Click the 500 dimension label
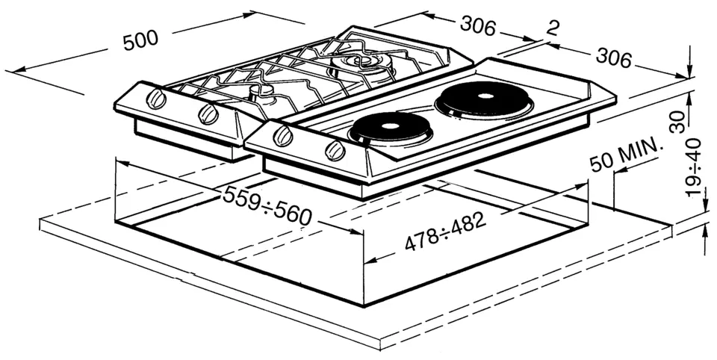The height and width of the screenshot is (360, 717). tap(140, 40)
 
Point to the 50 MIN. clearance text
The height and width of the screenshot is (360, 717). tap(626, 155)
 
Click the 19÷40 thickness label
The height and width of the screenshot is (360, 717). tap(694, 167)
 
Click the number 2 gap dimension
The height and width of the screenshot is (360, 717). tap(553, 28)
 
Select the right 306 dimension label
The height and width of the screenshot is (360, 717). tap(614, 58)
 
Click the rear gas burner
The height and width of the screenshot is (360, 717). tap(361, 66)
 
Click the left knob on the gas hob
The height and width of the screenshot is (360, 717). tap(156, 99)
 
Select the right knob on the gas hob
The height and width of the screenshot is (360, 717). tap(208, 114)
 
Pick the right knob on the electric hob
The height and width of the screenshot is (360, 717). tap(335, 150)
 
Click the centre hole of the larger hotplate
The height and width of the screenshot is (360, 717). tap(485, 96)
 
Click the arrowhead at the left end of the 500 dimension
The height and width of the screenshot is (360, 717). tap(11, 71)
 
